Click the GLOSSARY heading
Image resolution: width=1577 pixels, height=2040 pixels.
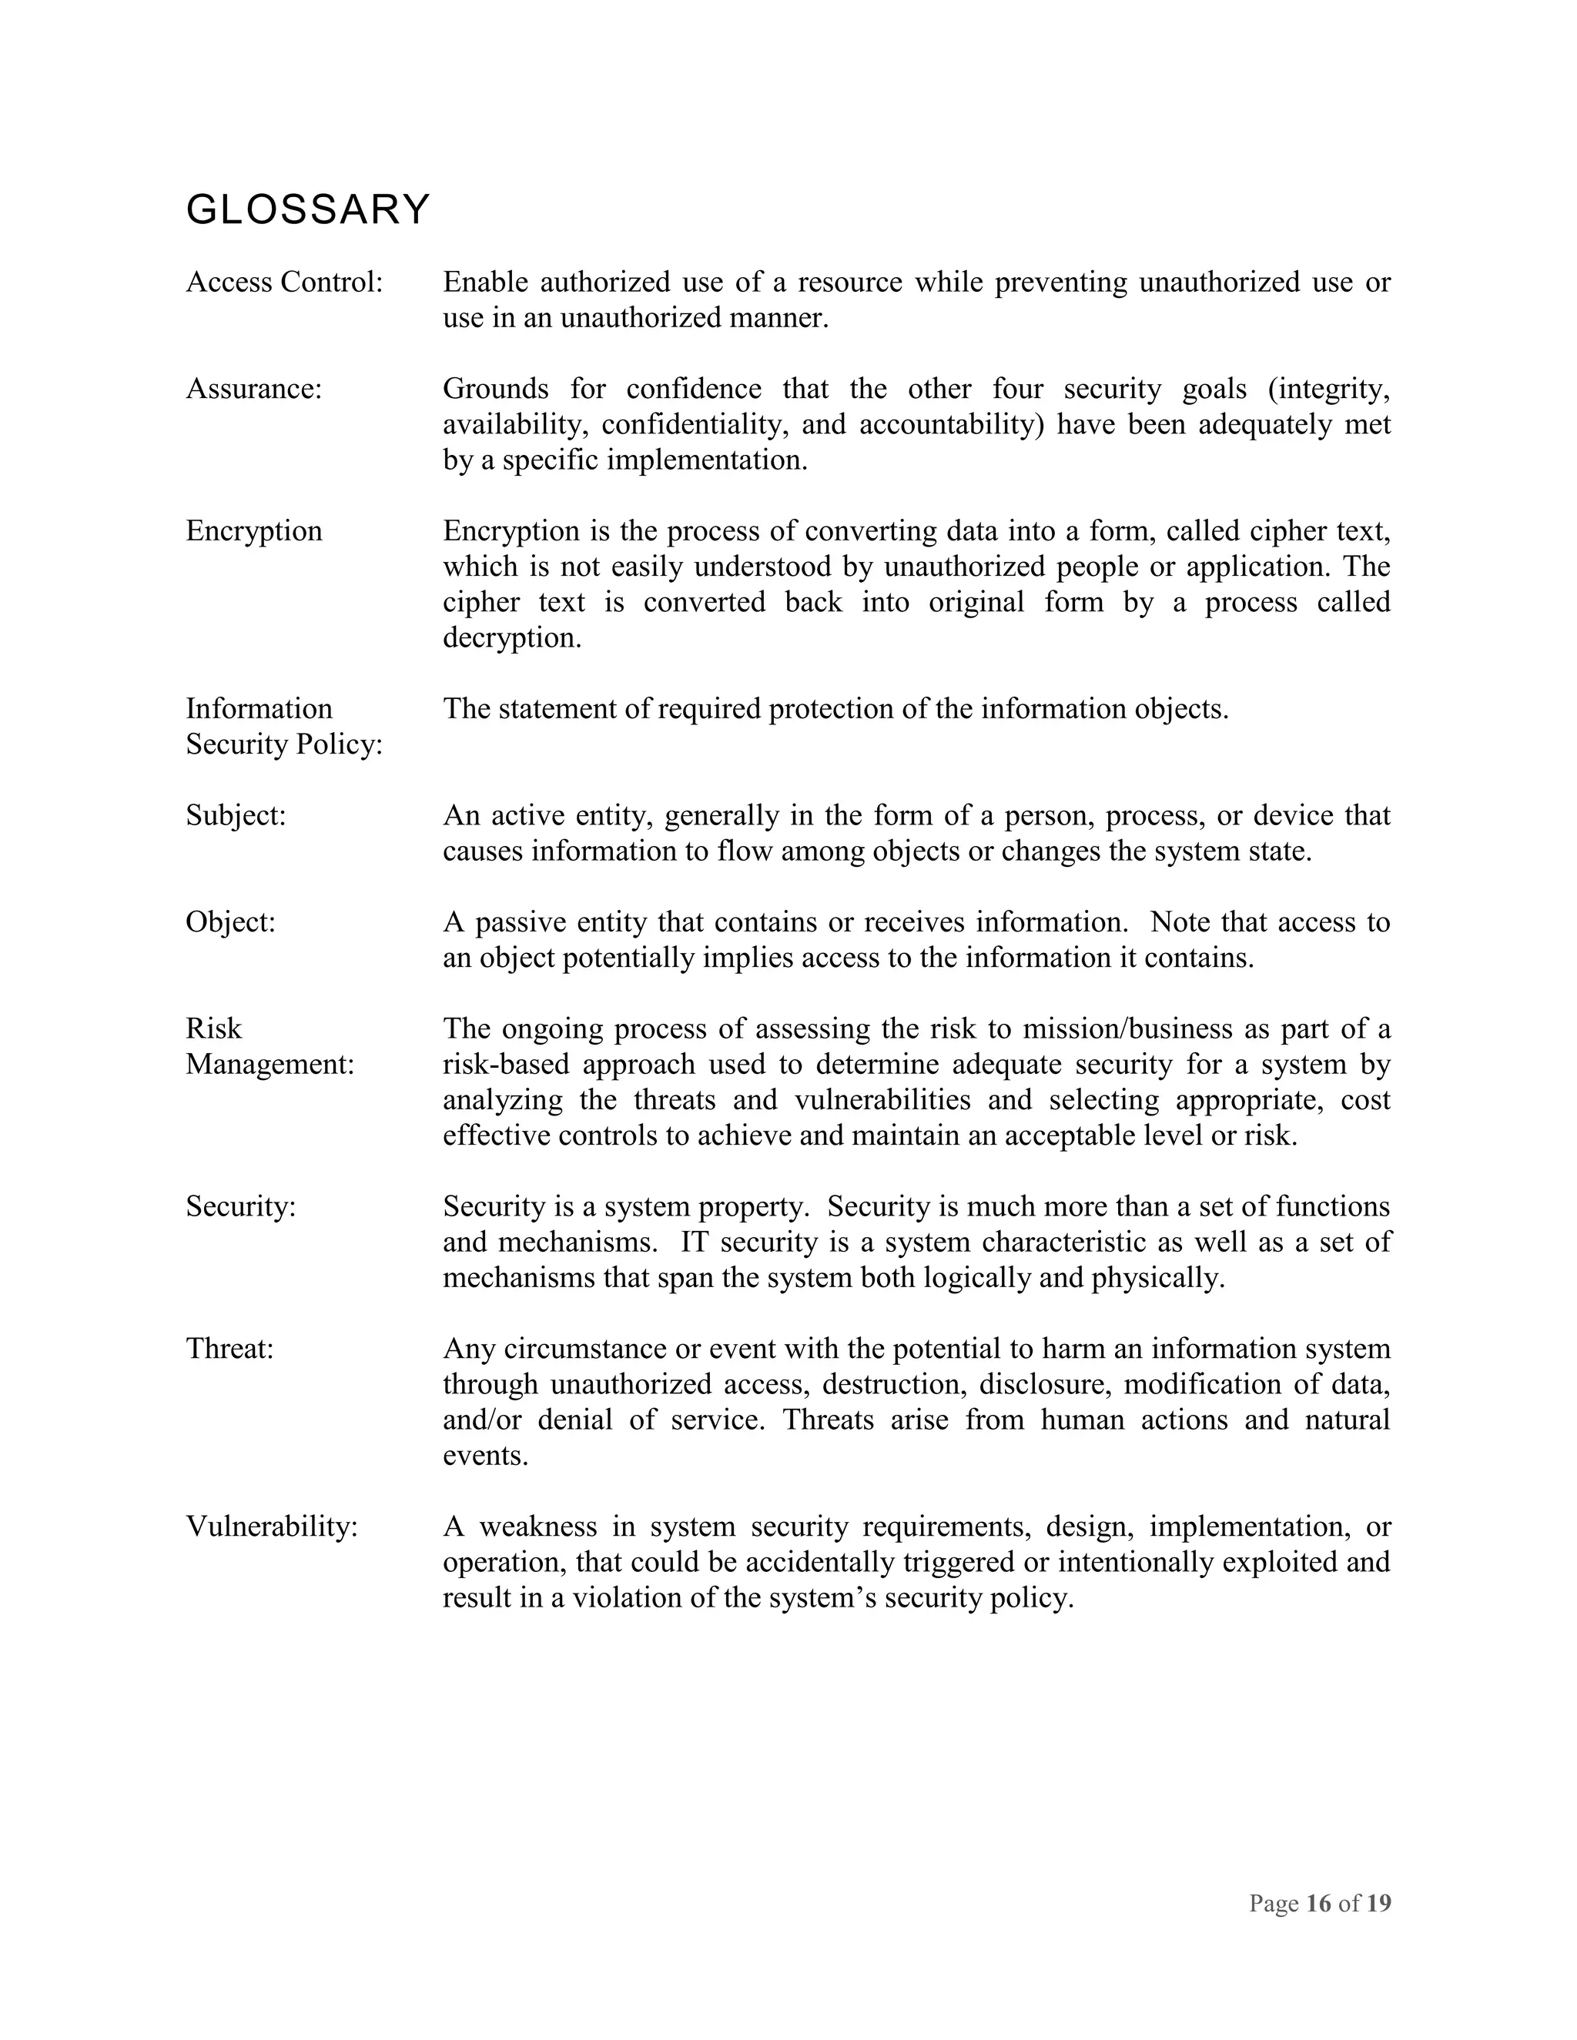[x=307, y=209]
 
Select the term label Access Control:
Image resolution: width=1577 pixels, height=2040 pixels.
[x=284, y=282]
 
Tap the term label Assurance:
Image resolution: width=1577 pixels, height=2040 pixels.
[x=253, y=389]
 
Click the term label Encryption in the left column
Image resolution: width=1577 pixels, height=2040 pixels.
[x=253, y=531]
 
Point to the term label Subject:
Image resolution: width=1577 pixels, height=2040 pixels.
[x=236, y=815]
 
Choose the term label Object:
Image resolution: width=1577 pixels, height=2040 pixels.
[x=231, y=922]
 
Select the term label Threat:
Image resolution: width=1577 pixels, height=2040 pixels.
[x=229, y=1349]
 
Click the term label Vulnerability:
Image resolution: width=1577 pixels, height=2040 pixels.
[x=272, y=1527]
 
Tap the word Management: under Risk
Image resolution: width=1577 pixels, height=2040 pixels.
[x=270, y=1065]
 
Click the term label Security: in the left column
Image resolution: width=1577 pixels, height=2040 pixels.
[x=240, y=1207]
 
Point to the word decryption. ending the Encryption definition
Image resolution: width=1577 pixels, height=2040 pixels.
[x=512, y=639]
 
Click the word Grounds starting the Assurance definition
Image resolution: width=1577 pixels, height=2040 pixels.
[x=495, y=389]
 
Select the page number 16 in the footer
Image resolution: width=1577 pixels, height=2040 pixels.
[x=1318, y=1904]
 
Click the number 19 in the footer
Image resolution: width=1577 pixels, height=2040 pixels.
[x=1379, y=1904]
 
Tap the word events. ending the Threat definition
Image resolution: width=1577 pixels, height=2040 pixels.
[x=485, y=1456]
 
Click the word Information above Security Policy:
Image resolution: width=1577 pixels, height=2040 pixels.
[x=259, y=709]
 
